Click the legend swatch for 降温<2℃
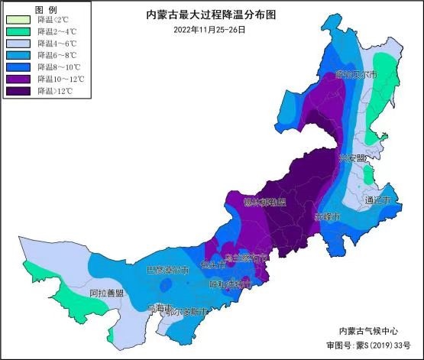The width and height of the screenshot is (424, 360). [x=18, y=21]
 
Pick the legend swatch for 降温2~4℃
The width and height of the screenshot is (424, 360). [x=18, y=32]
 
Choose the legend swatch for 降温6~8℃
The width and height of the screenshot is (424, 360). [x=18, y=56]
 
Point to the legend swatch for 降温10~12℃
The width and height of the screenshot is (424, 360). [x=18, y=79]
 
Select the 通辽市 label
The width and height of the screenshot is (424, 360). [x=377, y=200]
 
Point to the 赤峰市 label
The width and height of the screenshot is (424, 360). [x=329, y=216]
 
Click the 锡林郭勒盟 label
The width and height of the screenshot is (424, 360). [x=264, y=203]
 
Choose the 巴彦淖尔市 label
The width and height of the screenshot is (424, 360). [x=167, y=271]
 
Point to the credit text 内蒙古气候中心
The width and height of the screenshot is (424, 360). [x=368, y=330]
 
